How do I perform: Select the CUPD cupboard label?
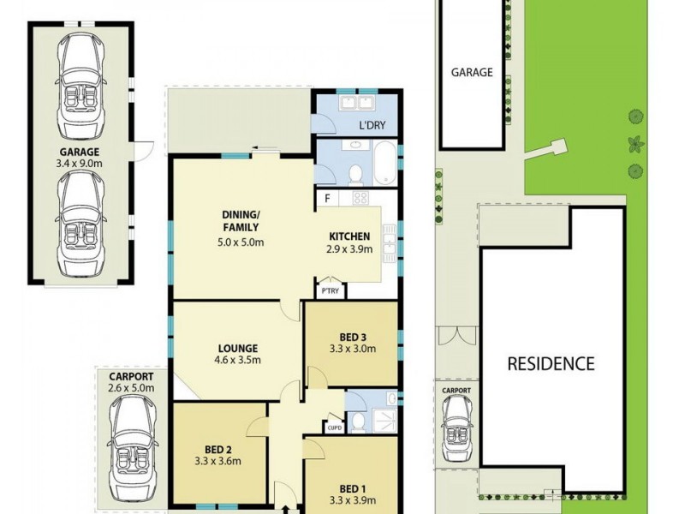click(x=333, y=427)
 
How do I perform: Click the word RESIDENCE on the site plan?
click(x=551, y=363)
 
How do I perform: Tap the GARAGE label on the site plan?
click(x=472, y=73)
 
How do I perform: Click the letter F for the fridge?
click(x=326, y=199)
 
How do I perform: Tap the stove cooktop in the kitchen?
click(x=360, y=198)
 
